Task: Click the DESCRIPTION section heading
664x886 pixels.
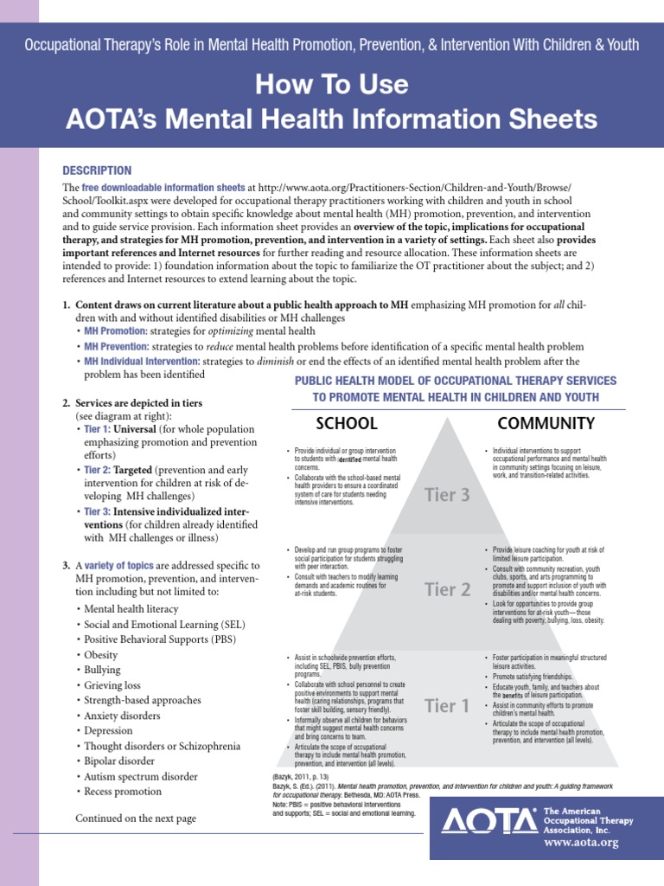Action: [x=97, y=170]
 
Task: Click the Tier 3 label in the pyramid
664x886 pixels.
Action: [x=447, y=495]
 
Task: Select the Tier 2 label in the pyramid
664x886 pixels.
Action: [x=447, y=590]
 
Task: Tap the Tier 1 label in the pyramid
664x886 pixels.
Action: [x=447, y=706]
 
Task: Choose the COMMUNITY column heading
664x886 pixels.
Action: [x=546, y=423]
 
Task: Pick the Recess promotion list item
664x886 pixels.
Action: [x=123, y=792]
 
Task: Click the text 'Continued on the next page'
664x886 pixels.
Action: [x=136, y=818]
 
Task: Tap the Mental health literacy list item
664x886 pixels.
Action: [x=131, y=609]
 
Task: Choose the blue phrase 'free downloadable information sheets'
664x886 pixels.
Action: [x=163, y=187]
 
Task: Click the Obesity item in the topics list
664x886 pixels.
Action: [x=100, y=655]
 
